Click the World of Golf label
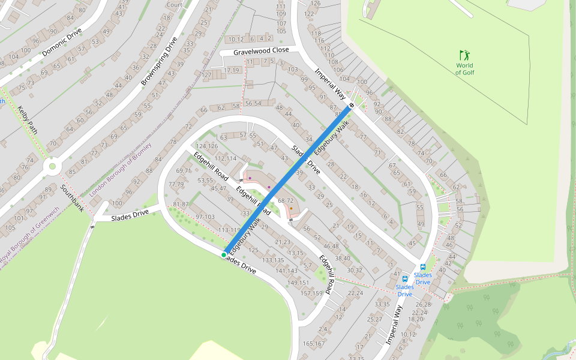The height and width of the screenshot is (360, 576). tap(464, 69)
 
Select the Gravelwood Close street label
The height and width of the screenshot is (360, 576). tap(261, 51)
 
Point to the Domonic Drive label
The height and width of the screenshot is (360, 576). tap(62, 42)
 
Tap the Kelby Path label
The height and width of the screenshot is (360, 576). tap(28, 120)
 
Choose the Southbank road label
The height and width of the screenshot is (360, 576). tap(72, 198)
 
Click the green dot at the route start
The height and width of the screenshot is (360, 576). tap(224, 255)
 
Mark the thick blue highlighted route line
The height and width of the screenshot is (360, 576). tap(288, 179)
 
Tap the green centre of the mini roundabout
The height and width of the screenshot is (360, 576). tap(52, 166)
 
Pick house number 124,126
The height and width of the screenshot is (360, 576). tap(207, 146)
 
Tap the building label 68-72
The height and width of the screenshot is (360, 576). tap(286, 200)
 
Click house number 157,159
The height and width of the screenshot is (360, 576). tap(312, 293)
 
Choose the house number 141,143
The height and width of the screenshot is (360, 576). tap(287, 271)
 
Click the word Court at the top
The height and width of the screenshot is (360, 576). tap(175, 5)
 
